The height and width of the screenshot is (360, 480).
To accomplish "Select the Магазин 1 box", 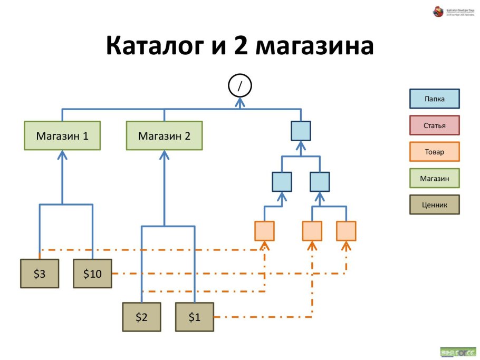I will [x=62, y=136].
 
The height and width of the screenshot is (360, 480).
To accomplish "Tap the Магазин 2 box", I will [x=164, y=136].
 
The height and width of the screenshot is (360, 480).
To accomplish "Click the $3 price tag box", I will [x=40, y=274].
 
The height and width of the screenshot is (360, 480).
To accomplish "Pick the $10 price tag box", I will [x=92, y=274].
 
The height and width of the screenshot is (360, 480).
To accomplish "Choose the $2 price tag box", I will [x=141, y=317].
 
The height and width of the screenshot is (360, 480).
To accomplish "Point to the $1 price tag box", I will [x=195, y=317].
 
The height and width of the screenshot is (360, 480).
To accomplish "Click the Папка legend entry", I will [x=435, y=99].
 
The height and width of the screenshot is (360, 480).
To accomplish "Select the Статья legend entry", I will [x=435, y=125].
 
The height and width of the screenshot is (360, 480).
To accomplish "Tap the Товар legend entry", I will [x=435, y=152].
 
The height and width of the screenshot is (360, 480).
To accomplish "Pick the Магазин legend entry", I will [x=435, y=178].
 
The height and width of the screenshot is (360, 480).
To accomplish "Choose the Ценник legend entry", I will [x=435, y=205].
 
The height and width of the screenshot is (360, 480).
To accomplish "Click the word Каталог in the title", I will [x=156, y=46].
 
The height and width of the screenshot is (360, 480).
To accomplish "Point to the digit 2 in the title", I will [x=240, y=46].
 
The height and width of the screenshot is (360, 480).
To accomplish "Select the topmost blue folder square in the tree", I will [x=301, y=131].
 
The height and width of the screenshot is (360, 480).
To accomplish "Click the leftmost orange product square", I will [x=264, y=231].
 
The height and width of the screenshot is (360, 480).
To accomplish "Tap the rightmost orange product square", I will [x=346, y=231].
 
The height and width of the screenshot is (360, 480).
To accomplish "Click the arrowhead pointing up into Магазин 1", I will [x=62, y=154].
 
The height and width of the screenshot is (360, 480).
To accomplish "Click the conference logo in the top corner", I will [x=438, y=11].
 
